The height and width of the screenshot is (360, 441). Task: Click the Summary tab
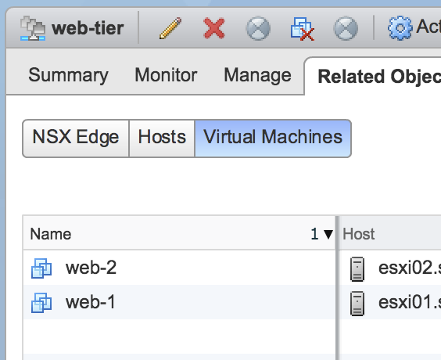[x=68, y=75]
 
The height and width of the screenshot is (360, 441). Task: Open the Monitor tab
[x=166, y=75]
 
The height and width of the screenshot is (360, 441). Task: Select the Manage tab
[x=257, y=75]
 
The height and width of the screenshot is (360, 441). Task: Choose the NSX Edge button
[x=76, y=139]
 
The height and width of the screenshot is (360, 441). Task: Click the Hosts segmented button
[x=162, y=139]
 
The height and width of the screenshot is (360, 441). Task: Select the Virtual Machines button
[x=273, y=139]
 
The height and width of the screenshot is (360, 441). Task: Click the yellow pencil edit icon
[x=170, y=28]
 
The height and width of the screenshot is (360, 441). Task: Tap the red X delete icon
[x=214, y=28]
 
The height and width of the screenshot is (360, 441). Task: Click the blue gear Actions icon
[x=400, y=28]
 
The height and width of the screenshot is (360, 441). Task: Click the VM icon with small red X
[x=303, y=29]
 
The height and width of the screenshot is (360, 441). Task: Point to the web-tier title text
[x=88, y=28]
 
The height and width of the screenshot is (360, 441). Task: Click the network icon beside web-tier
[x=33, y=28]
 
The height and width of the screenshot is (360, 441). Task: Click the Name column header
[x=51, y=234]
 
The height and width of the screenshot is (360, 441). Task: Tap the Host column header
[x=359, y=234]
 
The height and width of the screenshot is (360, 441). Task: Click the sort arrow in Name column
[x=328, y=234]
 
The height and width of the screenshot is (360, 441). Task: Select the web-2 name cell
[x=91, y=268]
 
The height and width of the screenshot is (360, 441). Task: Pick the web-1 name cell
[x=91, y=302]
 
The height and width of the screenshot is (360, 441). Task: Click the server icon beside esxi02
[x=357, y=268]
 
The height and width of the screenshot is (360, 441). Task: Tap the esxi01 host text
[x=410, y=302]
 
